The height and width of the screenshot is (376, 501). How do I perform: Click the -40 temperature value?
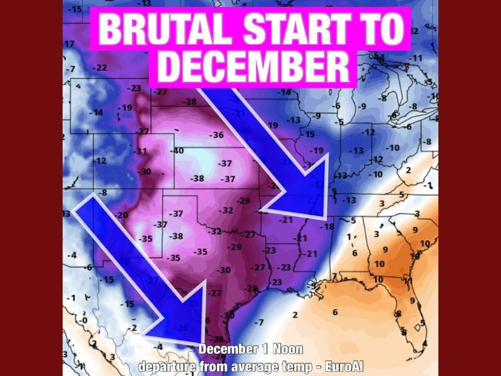pos(178,151)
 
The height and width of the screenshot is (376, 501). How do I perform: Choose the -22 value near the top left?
pos(99,67)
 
